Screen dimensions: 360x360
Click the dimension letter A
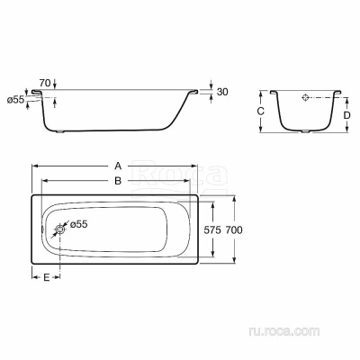pos(118,166)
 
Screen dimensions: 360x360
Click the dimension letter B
pos(118,181)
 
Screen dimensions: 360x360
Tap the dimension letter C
pos(261,112)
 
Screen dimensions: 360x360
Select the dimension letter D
pos(346,115)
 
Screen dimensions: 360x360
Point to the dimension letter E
pos(46,277)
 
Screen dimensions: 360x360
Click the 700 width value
pos(234,230)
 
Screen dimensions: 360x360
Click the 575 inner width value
pos(212,230)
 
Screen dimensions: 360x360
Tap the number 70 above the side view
pos(45,83)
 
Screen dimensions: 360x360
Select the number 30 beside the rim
pos(222,92)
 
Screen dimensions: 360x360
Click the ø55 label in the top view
pos(78,224)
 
